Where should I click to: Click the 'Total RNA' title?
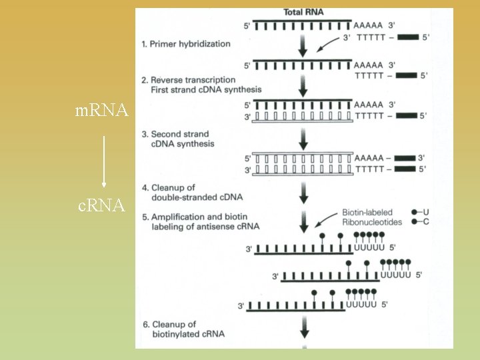pyautogui.click(x=304, y=12)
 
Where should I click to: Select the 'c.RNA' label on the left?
pyautogui.click(x=102, y=206)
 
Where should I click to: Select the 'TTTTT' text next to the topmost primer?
pyautogui.click(x=372, y=38)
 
